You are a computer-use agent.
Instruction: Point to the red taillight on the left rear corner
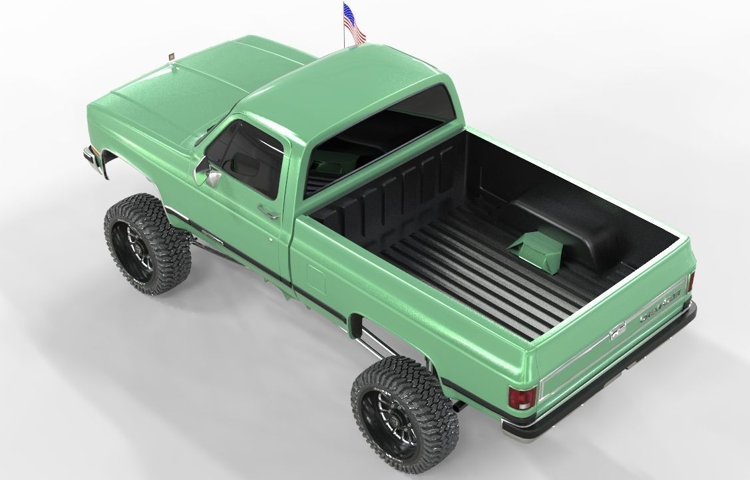coord(521,397)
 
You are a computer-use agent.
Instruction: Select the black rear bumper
coord(599,382)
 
